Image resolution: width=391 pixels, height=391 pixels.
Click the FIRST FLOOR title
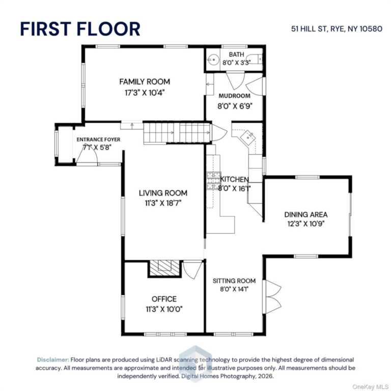tap(80, 29)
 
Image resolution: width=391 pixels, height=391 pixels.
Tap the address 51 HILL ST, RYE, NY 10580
tap(337, 29)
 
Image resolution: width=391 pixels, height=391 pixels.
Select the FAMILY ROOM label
tap(145, 82)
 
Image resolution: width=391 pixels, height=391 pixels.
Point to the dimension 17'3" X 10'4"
tap(145, 93)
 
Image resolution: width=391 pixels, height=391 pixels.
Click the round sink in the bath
tap(213, 60)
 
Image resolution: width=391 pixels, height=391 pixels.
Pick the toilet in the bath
tap(256, 60)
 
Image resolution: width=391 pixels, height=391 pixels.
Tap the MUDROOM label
tap(234, 96)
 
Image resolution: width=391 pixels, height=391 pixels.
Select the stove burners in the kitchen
tap(214, 181)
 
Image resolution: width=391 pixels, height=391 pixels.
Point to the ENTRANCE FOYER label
tap(98, 139)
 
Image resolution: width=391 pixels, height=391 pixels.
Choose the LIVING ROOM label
tap(163, 193)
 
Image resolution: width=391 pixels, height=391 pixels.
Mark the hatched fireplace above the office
tap(164, 268)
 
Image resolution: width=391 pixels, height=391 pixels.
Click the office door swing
tap(192, 270)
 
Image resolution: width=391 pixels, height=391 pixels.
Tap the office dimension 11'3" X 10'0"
tap(164, 309)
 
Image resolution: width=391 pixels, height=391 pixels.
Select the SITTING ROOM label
tap(234, 281)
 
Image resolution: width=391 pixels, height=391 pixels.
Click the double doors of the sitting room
tap(272, 297)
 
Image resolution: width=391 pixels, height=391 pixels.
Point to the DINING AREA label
tap(306, 214)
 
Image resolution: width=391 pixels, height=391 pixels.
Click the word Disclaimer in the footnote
tap(53, 359)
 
